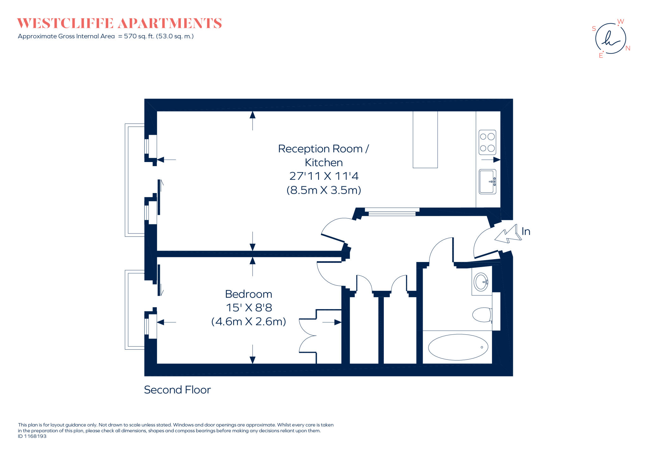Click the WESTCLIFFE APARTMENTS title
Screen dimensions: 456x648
(x=119, y=23)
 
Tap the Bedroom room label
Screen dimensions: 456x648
(x=248, y=294)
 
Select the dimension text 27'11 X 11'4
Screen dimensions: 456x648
(x=324, y=176)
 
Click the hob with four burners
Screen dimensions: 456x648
(x=487, y=142)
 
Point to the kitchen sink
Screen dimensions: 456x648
(x=487, y=182)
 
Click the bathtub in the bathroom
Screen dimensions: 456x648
(x=458, y=347)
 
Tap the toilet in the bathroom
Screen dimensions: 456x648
(x=482, y=315)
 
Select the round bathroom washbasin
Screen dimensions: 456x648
(x=481, y=282)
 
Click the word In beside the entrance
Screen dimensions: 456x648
(x=526, y=231)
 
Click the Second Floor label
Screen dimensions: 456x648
(x=177, y=390)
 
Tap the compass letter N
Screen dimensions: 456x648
(x=628, y=48)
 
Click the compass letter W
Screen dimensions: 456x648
(x=620, y=22)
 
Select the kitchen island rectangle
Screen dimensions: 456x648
(x=425, y=139)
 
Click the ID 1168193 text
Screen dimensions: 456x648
(x=32, y=436)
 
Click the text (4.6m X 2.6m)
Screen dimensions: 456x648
(x=248, y=322)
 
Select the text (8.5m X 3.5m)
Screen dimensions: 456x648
(x=324, y=190)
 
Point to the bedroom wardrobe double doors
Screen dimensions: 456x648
(x=308, y=335)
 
